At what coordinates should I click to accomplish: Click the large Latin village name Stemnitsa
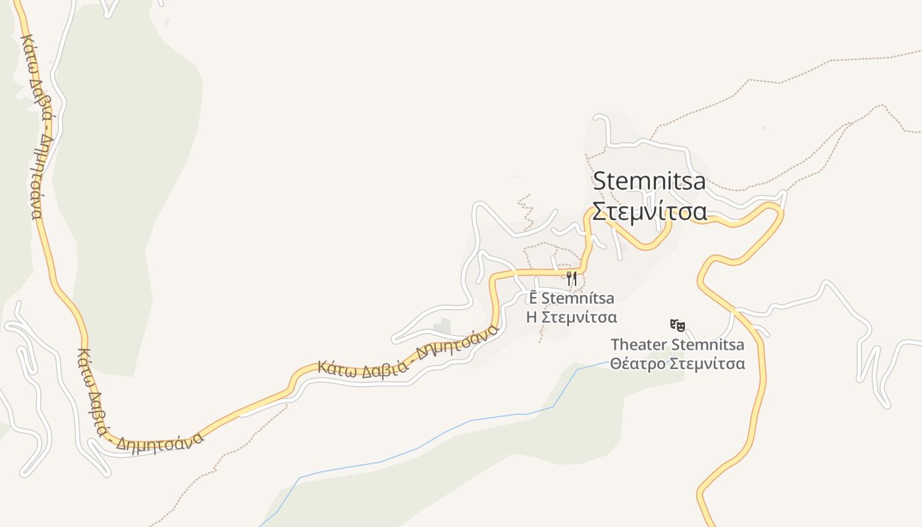649,181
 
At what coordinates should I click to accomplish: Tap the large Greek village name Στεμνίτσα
649,211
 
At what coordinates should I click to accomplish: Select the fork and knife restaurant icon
572,278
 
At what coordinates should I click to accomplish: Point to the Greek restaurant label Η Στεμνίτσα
572,318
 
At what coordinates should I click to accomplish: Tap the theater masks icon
678,325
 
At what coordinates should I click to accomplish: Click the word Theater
638,345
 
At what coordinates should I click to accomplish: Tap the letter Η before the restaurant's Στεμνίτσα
531,318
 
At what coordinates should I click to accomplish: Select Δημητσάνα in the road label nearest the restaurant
454,346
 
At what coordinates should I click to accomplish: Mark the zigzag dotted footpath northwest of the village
526,211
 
